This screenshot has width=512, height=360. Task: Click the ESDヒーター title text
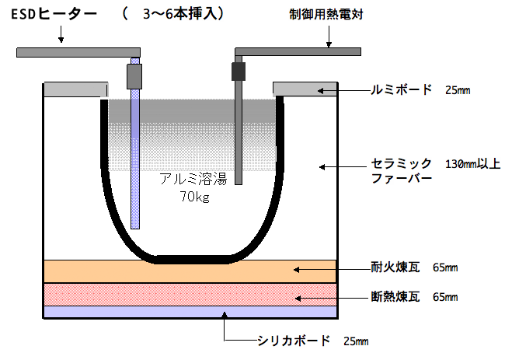click(x=54, y=14)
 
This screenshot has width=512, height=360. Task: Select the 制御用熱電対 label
click(x=326, y=14)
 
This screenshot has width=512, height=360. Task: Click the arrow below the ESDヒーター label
click(x=61, y=34)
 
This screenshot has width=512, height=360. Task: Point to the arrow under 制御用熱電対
click(x=329, y=37)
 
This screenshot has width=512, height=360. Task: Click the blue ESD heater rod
click(x=135, y=143)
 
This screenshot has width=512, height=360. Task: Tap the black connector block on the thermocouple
click(x=239, y=72)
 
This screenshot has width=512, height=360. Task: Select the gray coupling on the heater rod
click(x=134, y=76)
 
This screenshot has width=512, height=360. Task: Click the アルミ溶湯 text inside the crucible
click(x=193, y=179)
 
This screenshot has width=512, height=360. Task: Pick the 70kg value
click(x=194, y=197)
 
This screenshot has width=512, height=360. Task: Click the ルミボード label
click(x=401, y=90)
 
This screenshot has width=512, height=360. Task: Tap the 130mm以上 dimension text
click(x=473, y=163)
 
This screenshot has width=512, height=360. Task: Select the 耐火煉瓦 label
click(x=395, y=267)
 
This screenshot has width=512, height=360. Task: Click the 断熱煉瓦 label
click(x=395, y=296)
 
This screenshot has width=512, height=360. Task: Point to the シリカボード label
click(x=294, y=341)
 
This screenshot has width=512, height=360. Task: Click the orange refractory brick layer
click(x=190, y=271)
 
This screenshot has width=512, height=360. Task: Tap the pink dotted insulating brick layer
click(x=190, y=295)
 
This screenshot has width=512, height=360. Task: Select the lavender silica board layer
click(x=190, y=312)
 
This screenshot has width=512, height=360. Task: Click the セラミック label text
click(x=401, y=163)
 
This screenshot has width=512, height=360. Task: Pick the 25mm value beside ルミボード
click(x=458, y=90)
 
